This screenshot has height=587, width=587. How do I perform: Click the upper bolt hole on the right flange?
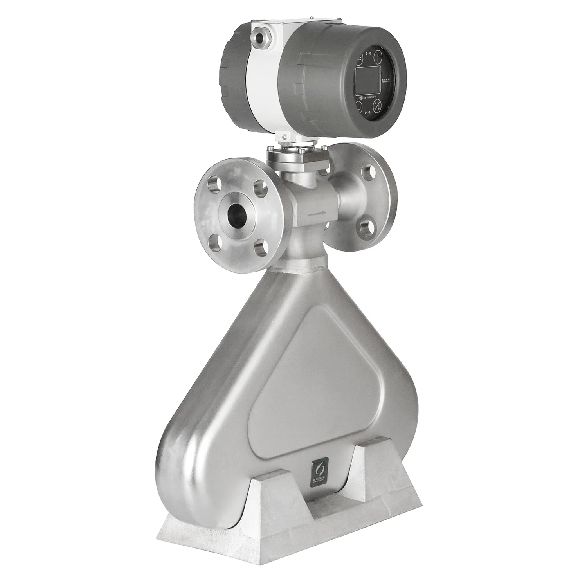click(x=367, y=172)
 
